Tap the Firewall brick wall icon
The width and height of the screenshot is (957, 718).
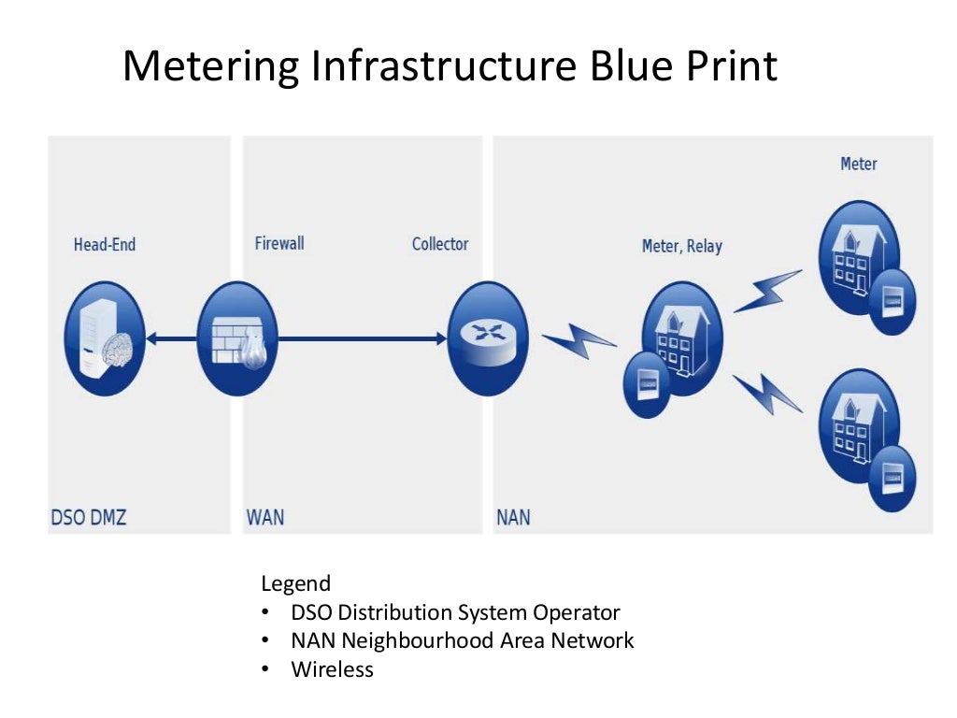click(238, 338)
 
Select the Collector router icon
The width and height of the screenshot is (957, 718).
click(487, 338)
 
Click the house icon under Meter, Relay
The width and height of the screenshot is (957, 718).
click(681, 337)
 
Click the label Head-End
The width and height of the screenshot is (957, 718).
click(105, 245)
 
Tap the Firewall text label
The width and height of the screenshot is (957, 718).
click(279, 243)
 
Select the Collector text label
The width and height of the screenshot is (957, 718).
click(440, 244)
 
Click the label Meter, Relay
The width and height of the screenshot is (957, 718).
click(681, 247)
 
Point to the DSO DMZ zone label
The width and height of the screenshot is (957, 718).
click(88, 516)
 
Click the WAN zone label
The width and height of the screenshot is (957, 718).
click(265, 516)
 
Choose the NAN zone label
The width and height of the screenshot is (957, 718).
click(513, 516)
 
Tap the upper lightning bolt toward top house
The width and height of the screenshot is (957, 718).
click(767, 291)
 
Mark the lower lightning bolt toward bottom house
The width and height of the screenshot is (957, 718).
click(767, 394)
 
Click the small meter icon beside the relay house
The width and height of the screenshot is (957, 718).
click(645, 384)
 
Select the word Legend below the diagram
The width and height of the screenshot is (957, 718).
click(295, 584)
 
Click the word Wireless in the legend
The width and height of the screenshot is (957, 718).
click(332, 669)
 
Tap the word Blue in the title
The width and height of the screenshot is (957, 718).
click(623, 67)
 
